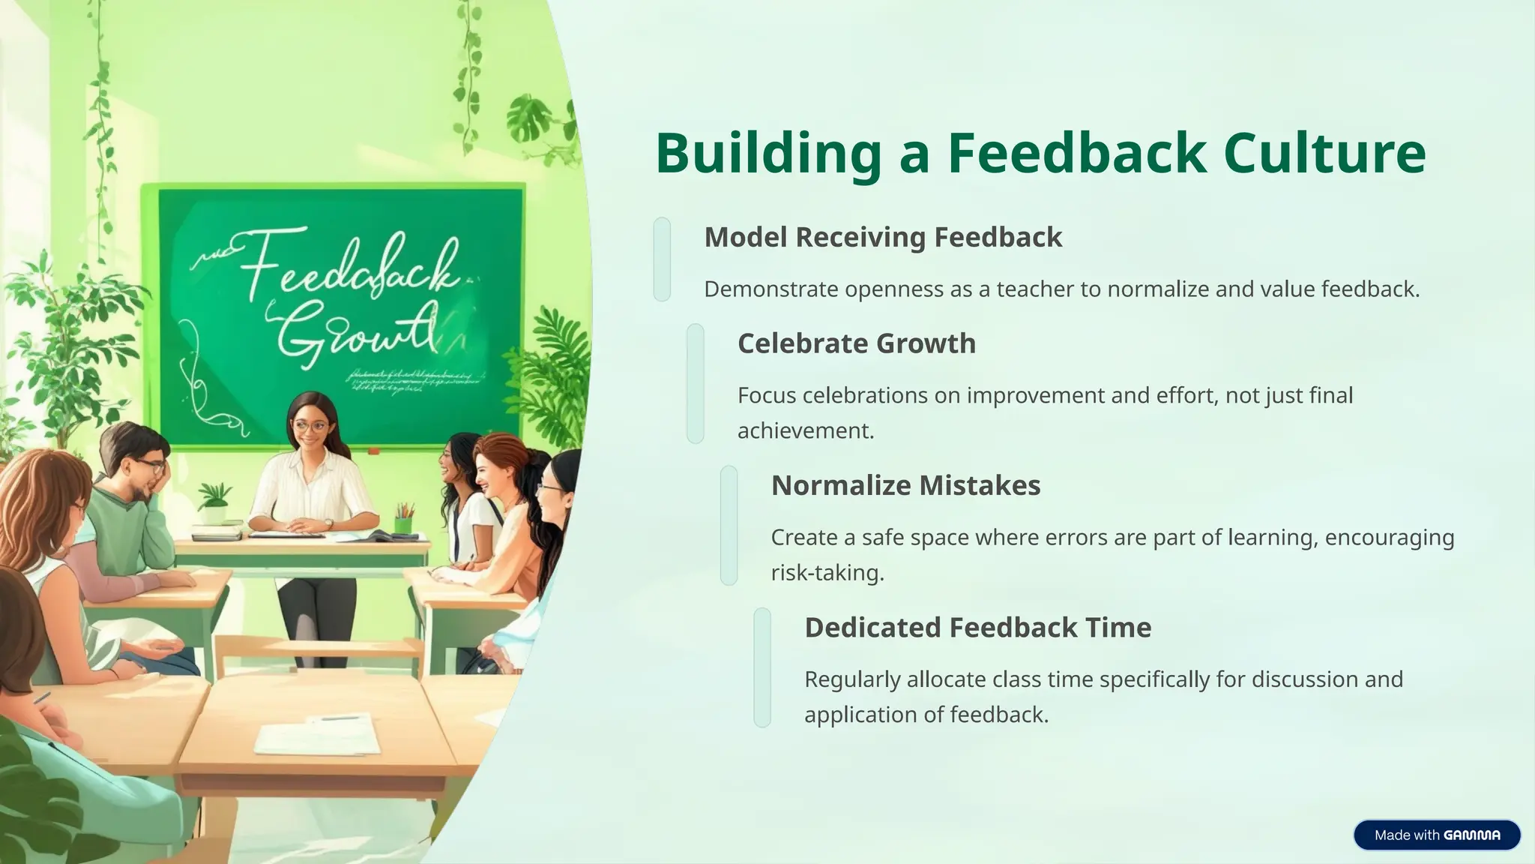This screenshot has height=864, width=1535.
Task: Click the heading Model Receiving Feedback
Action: [x=883, y=237]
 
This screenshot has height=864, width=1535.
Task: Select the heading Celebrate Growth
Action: [x=857, y=343]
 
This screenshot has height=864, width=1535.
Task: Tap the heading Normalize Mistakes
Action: [x=905, y=485]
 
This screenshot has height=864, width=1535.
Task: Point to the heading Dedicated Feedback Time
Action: [x=977, y=627]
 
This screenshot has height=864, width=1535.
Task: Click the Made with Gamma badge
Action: [x=1436, y=835]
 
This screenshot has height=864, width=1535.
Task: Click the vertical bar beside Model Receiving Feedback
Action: [x=662, y=259]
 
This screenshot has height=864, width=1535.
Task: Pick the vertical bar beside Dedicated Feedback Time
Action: [x=762, y=667]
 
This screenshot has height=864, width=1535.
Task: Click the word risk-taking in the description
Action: [x=827, y=573]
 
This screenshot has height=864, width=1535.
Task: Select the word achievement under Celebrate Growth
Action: [x=806, y=431]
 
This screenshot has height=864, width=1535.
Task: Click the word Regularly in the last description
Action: [x=852, y=679]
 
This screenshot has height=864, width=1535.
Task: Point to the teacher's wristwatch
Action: [x=328, y=524]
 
